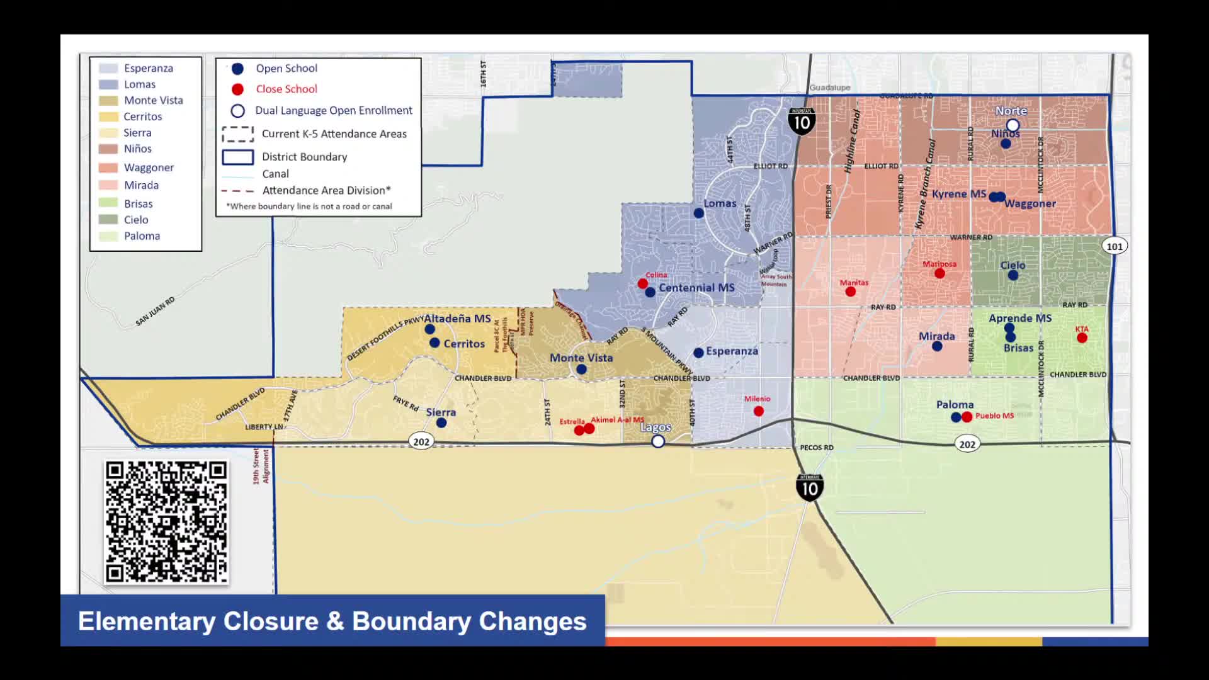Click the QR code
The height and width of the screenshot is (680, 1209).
pyautogui.click(x=166, y=522)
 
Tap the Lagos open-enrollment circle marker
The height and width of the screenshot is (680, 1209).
pyautogui.click(x=658, y=441)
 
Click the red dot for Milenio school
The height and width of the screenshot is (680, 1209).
pyautogui.click(x=759, y=411)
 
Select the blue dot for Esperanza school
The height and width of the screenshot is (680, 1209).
pyautogui.click(x=698, y=353)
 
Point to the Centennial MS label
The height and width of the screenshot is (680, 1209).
pyautogui.click(x=696, y=288)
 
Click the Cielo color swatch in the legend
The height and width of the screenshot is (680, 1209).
pyautogui.click(x=108, y=220)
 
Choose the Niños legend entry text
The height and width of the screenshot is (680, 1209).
pyautogui.click(x=138, y=149)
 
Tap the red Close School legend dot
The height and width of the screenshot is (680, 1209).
pyautogui.click(x=237, y=89)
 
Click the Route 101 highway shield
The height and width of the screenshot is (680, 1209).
pyautogui.click(x=1115, y=246)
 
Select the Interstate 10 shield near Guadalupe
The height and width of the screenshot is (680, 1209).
pyautogui.click(x=802, y=121)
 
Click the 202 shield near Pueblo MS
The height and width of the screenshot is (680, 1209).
pyautogui.click(x=967, y=445)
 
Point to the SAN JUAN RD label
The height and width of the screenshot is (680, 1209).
pyautogui.click(x=155, y=311)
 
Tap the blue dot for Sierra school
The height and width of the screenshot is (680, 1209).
pyautogui.click(x=441, y=422)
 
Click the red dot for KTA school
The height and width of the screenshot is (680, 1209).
pyautogui.click(x=1082, y=338)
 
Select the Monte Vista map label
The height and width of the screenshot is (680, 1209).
pyautogui.click(x=581, y=358)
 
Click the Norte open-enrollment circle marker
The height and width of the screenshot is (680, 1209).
pyautogui.click(x=1013, y=125)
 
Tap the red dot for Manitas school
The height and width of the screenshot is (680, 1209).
pyautogui.click(x=851, y=292)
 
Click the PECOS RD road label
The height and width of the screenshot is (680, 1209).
pyautogui.click(x=816, y=448)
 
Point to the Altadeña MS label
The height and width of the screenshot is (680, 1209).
pyautogui.click(x=457, y=319)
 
